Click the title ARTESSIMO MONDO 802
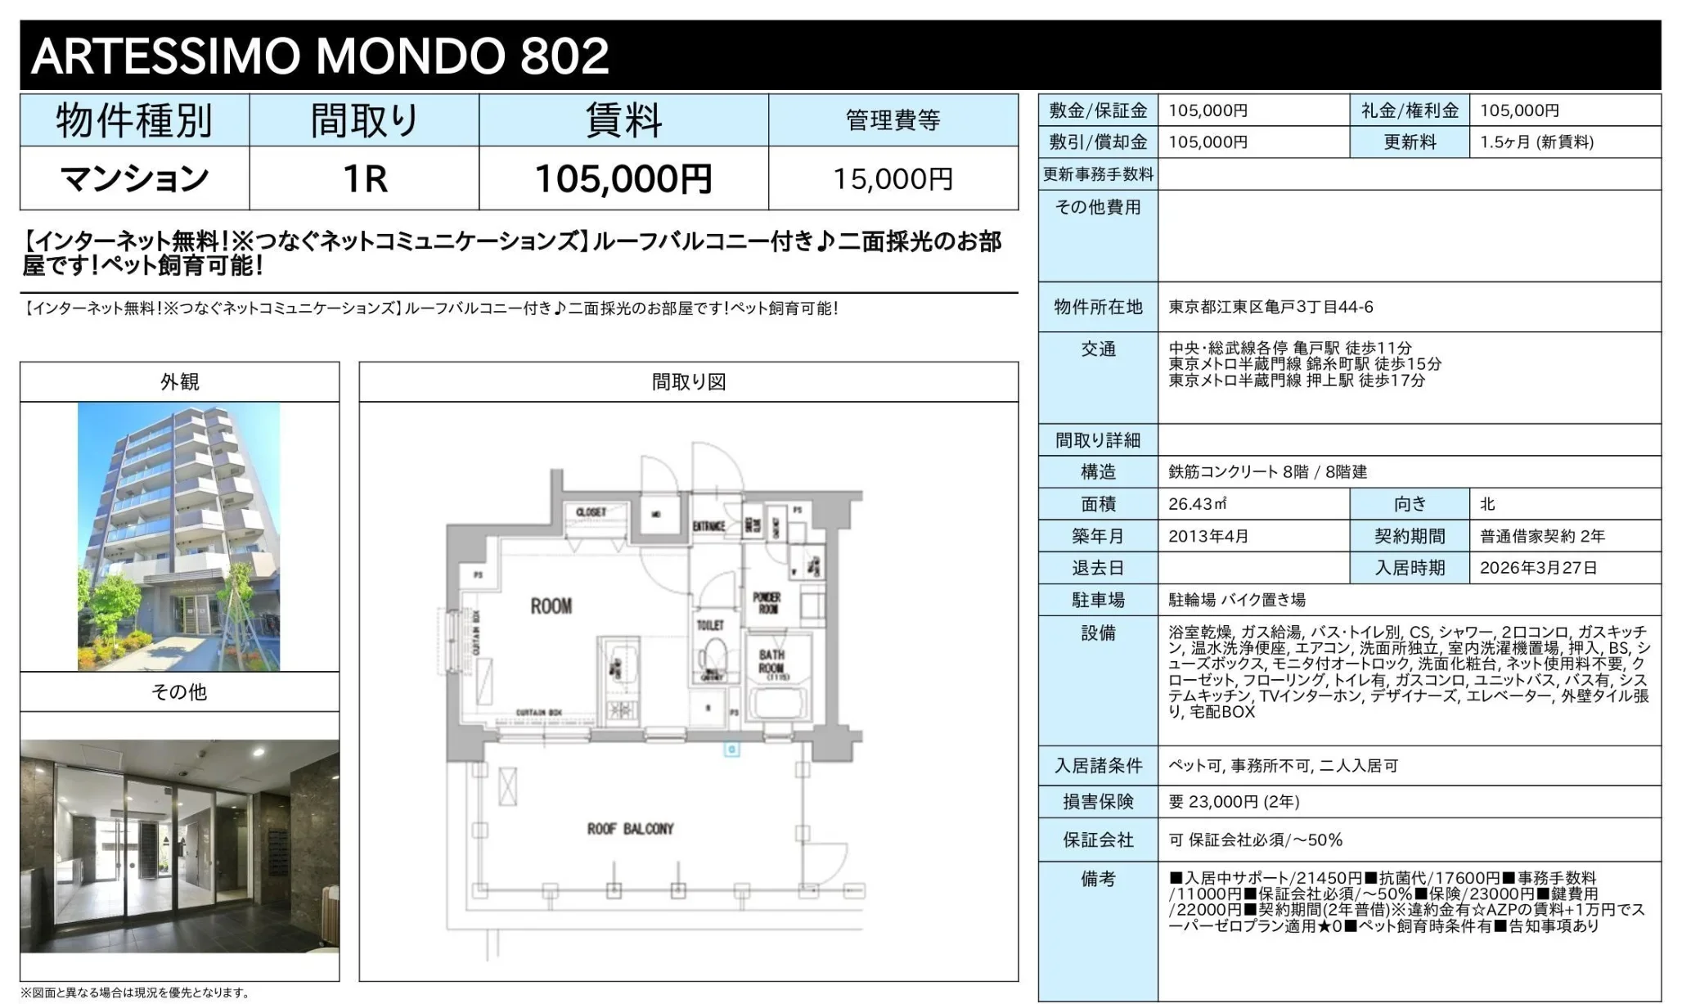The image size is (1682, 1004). pos(320,56)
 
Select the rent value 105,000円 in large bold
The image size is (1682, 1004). pos(623,179)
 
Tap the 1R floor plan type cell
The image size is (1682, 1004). pos(364,179)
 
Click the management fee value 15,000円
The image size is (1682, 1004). pos(893,179)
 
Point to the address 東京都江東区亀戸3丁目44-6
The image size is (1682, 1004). pos(1270,307)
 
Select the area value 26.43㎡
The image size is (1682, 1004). pos(1197,504)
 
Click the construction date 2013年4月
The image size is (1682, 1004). pos(1208,536)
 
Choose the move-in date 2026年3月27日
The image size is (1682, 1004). pos(1538,568)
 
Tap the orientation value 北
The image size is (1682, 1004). pos(1487,504)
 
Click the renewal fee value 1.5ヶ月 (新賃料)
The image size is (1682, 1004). pos(1536,142)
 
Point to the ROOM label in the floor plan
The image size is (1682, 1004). pos(551,606)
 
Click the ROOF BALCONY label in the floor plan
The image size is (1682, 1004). pos(630,829)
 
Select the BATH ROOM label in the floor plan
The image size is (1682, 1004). pos(771,661)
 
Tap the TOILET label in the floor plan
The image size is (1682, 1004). pos(710,625)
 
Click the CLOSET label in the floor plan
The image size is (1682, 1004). pos(591,512)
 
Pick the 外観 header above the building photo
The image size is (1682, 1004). pos(179,382)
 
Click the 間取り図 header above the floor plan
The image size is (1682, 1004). pos(688,382)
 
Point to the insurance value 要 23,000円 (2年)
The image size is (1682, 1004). pos(1234,802)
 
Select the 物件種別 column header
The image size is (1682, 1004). pos(134,121)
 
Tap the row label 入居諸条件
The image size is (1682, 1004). pos(1098,766)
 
